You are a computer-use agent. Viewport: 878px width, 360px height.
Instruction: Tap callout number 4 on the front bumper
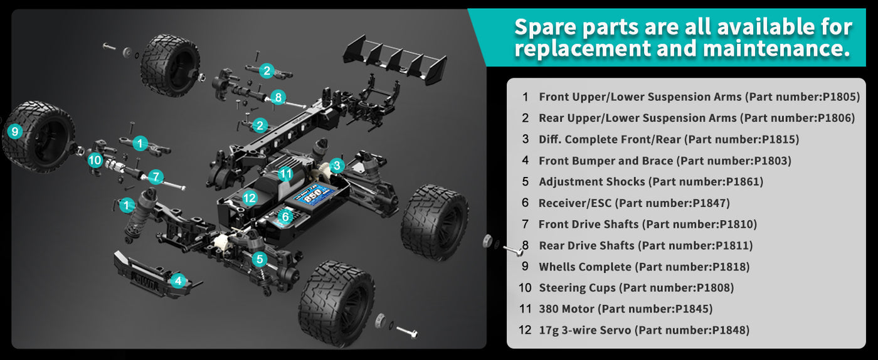[179, 280]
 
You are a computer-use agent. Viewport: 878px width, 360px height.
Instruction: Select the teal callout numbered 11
[286, 174]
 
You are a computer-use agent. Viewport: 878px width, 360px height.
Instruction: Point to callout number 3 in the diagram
[337, 166]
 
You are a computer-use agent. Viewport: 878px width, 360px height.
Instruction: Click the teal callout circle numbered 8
[278, 97]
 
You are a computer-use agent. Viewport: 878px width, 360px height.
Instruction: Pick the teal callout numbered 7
[156, 176]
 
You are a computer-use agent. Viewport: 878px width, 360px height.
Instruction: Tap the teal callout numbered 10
[95, 160]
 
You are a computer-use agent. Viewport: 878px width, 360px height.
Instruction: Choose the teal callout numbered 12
[250, 198]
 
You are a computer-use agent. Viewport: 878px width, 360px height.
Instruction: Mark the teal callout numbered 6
[285, 216]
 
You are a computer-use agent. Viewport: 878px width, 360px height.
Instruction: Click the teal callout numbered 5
[260, 258]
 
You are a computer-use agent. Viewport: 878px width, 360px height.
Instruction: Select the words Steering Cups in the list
[577, 288]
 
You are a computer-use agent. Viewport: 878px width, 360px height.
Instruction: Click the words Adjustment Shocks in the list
[591, 182]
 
